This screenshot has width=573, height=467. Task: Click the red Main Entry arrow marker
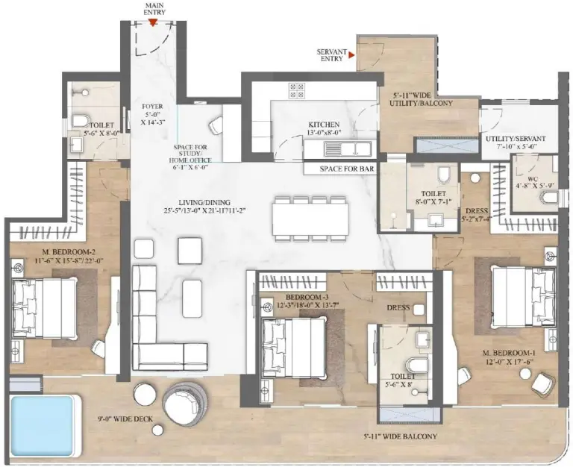tap(152, 22)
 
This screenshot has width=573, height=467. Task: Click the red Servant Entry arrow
tap(351, 54)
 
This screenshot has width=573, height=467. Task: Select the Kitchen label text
tap(325, 125)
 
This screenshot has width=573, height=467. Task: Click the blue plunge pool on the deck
tap(45, 421)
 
